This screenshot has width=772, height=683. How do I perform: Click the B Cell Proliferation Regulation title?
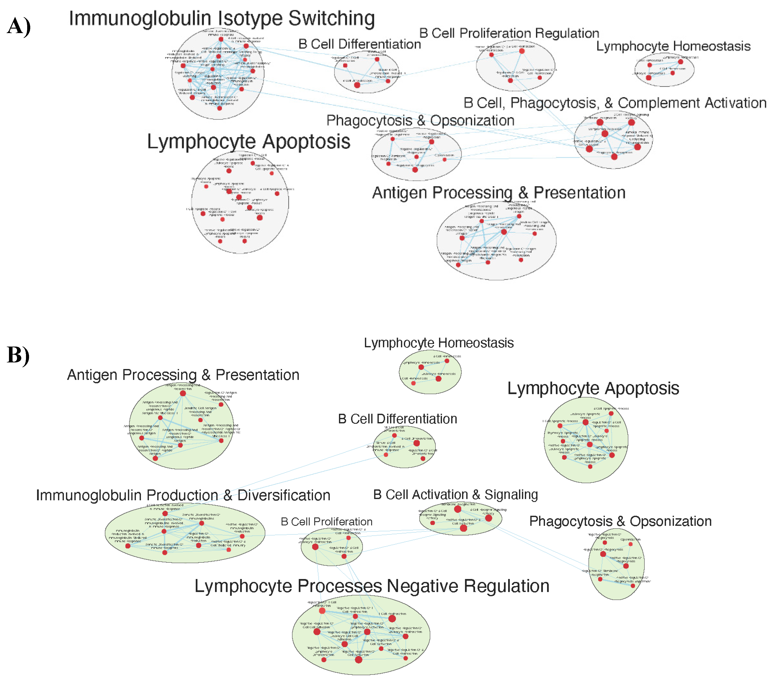point(509,33)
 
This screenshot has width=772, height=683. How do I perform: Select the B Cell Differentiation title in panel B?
point(397,419)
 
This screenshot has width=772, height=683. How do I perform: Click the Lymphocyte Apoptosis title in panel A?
point(249,142)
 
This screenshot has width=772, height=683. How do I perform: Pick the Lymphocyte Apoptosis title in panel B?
point(593,388)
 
